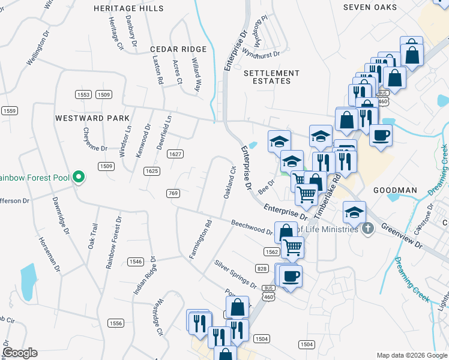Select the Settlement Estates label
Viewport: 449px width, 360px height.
(x=268, y=76)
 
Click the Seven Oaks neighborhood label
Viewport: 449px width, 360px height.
(x=370, y=7)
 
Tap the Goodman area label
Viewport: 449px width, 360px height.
(x=395, y=190)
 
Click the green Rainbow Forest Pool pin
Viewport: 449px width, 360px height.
(x=78, y=177)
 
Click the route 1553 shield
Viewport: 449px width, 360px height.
(x=83, y=95)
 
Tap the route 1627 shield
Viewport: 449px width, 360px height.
(x=175, y=154)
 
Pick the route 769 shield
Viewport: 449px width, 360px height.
(x=173, y=193)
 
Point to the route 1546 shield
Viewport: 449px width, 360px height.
(x=135, y=262)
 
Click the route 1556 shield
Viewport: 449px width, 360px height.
(x=116, y=323)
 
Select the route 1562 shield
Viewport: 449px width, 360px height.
(x=270, y=253)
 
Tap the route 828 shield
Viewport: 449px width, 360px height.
(x=261, y=268)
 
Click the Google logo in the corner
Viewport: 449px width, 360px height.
(x=20, y=353)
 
